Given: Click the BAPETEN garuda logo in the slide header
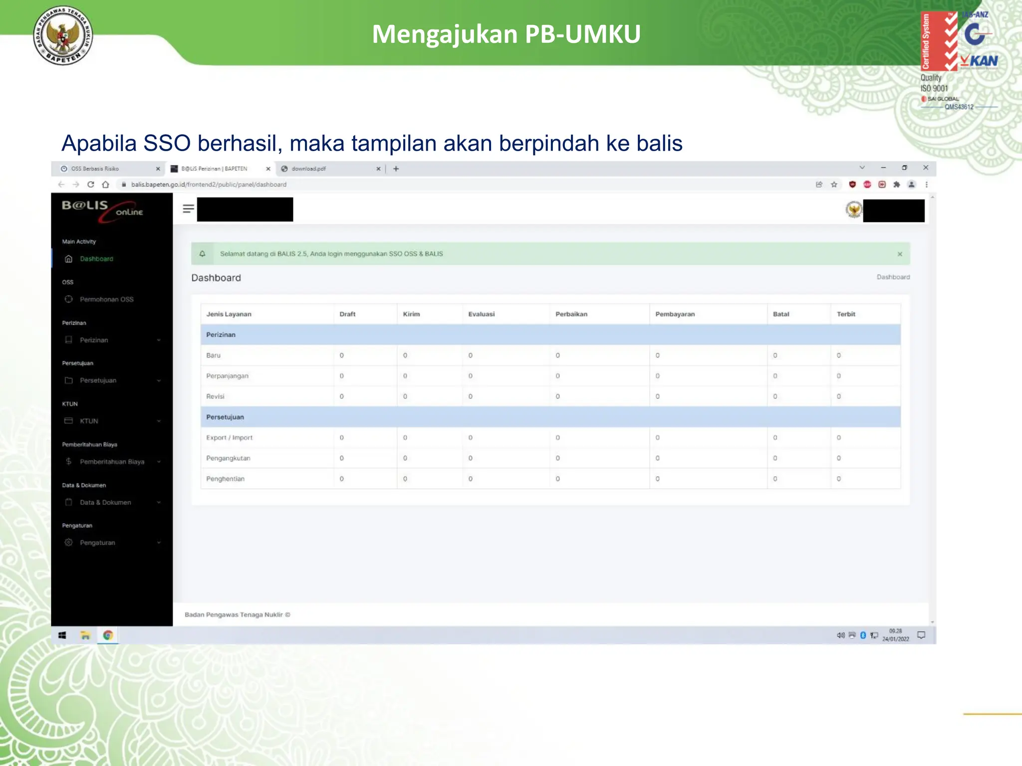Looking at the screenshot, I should pyautogui.click(x=63, y=36).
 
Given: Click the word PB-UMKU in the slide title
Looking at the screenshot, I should pyautogui.click(x=582, y=34).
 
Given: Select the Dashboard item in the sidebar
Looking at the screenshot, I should pyautogui.click(x=96, y=259).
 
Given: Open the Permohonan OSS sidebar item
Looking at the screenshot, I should pyautogui.click(x=106, y=299).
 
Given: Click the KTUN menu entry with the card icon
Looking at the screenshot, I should pyautogui.click(x=89, y=421).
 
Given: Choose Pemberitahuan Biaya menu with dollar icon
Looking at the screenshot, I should pyautogui.click(x=112, y=462).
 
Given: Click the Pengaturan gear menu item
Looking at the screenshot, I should pyautogui.click(x=97, y=543).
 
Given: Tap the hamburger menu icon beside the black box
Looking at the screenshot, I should pyautogui.click(x=188, y=209).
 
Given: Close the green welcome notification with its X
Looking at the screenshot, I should pyautogui.click(x=900, y=254).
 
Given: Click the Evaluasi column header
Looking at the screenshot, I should pyautogui.click(x=481, y=314).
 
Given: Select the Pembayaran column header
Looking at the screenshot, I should pyautogui.click(x=675, y=314).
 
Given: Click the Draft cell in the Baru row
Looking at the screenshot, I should pyautogui.click(x=342, y=356).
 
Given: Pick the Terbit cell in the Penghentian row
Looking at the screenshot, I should pyautogui.click(x=839, y=479).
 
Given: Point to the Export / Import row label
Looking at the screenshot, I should pyautogui.click(x=229, y=438).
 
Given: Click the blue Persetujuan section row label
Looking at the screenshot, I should pyautogui.click(x=225, y=417).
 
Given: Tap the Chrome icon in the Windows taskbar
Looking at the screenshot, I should pyautogui.click(x=108, y=635).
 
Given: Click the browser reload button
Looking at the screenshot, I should pyautogui.click(x=91, y=185).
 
